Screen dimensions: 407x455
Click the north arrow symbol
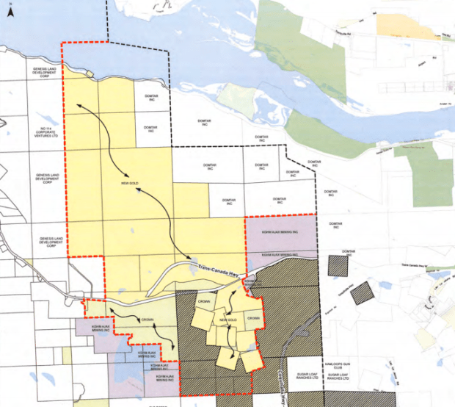(x=8, y=8)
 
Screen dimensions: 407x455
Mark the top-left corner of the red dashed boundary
(x=61, y=43)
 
